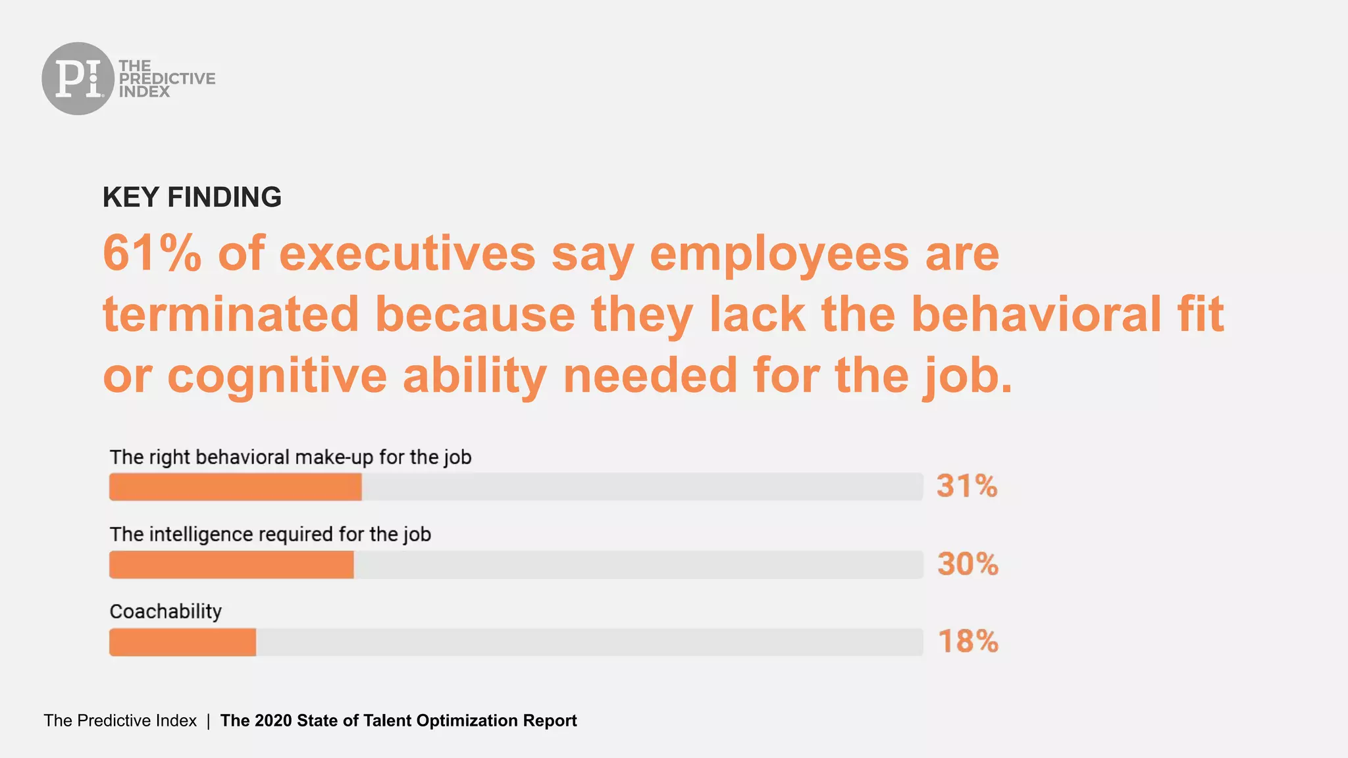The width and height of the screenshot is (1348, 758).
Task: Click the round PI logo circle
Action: pyautogui.click(x=78, y=78)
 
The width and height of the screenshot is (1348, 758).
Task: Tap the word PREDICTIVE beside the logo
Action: pyautogui.click(x=167, y=78)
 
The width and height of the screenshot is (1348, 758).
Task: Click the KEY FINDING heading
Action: pyautogui.click(x=192, y=197)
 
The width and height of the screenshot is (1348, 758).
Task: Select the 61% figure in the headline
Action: pyautogui.click(x=151, y=253)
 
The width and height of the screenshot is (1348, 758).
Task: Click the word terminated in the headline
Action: pyautogui.click(x=230, y=315)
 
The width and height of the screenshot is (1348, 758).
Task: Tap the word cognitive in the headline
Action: pyautogui.click(x=277, y=376)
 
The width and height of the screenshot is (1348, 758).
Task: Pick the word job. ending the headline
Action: pyautogui.click(x=967, y=376)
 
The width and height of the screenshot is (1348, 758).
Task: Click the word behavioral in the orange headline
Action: pyautogui.click(x=1036, y=315)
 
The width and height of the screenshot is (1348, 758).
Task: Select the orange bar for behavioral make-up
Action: pyautogui.click(x=235, y=487)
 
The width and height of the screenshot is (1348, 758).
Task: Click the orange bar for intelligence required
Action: pyautogui.click(x=231, y=565)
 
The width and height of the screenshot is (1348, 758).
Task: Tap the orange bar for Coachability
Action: pyautogui.click(x=182, y=642)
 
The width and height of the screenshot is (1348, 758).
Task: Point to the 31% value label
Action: pyautogui.click(x=967, y=486)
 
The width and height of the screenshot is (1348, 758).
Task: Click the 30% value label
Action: pyautogui.click(x=968, y=564)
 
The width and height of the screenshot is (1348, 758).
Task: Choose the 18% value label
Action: pyautogui.click(x=968, y=642)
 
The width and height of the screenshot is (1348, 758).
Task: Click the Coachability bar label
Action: pyautogui.click(x=165, y=611)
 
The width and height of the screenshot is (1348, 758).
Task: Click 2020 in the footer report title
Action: pyautogui.click(x=273, y=720)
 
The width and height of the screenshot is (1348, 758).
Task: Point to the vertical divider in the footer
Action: pyautogui.click(x=208, y=721)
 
